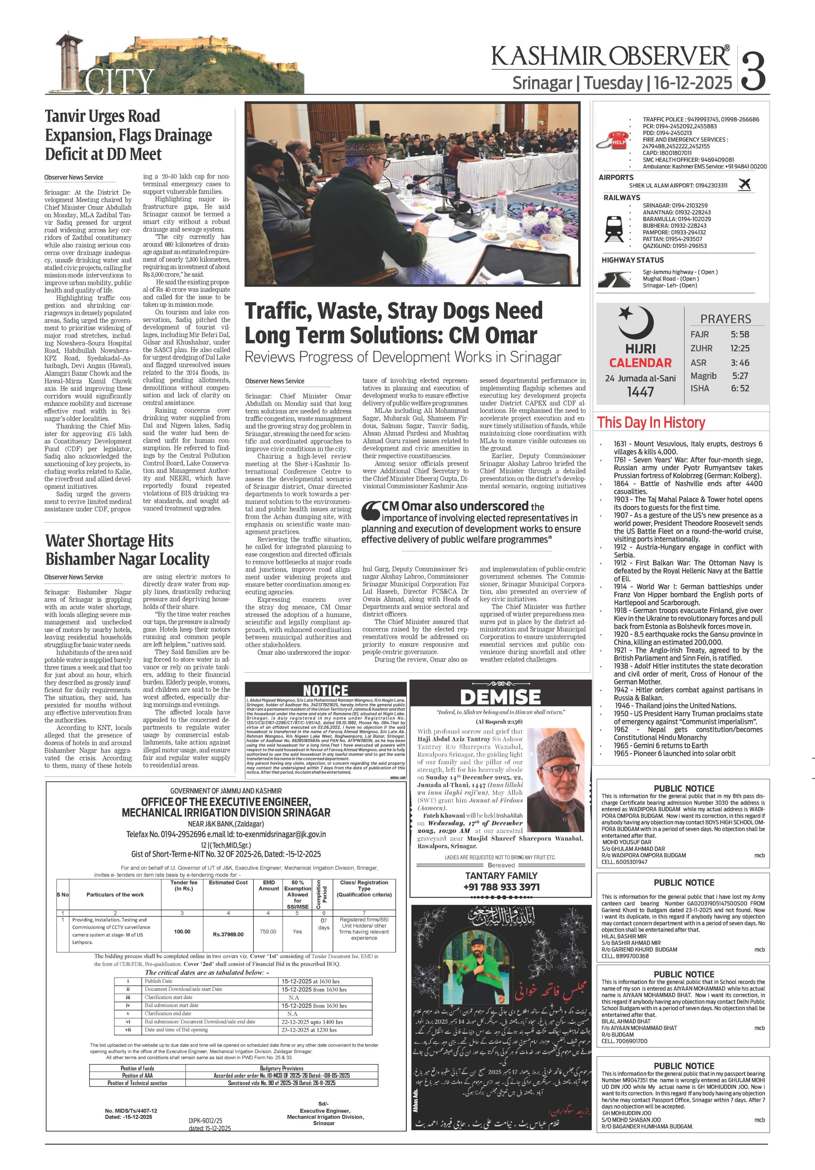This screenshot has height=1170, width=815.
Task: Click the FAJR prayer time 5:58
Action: tap(740, 334)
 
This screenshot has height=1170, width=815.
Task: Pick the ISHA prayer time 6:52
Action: tap(740, 388)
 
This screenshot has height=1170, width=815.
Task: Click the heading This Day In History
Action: tap(651, 422)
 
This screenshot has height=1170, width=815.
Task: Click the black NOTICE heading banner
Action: tap(325, 690)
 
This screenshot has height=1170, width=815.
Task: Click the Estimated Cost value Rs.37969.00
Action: tap(228, 935)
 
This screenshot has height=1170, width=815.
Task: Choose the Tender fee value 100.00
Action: tap(182, 931)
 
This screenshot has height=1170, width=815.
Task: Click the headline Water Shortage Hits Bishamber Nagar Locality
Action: tap(127, 550)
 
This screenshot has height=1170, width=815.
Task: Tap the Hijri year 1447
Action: tap(640, 392)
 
